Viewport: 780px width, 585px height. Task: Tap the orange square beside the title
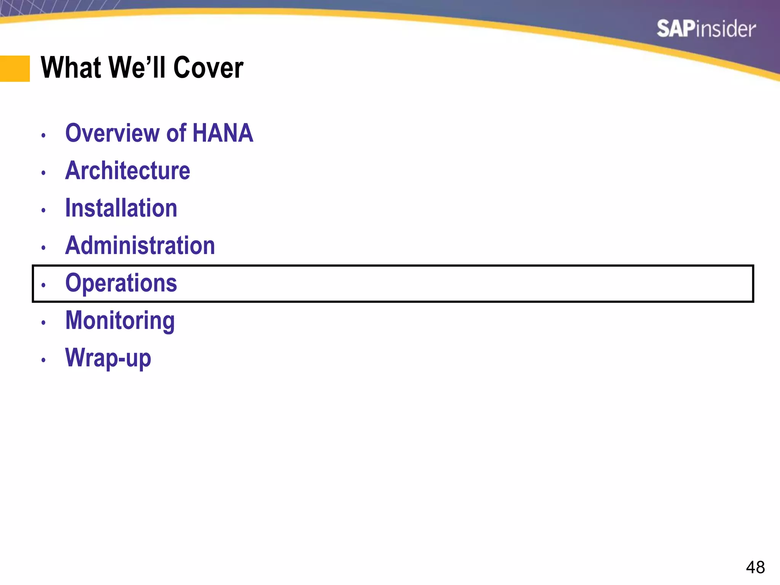click(15, 69)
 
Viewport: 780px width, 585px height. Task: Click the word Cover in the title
click(208, 68)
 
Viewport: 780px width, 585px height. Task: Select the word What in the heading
click(71, 68)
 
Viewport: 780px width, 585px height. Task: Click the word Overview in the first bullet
click(113, 133)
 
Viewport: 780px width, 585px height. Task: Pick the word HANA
click(223, 133)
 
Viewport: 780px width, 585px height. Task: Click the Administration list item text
click(140, 245)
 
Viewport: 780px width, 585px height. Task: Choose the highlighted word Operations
click(121, 283)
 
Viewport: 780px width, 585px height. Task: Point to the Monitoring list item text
click(120, 320)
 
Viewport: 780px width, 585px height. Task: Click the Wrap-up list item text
click(108, 358)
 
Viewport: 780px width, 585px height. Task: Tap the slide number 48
click(755, 567)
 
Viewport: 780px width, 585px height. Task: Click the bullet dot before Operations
click(43, 285)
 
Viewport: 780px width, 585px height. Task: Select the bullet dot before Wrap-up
click(43, 360)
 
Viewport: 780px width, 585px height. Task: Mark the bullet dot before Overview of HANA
click(43, 135)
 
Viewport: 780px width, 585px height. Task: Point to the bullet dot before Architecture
click(43, 173)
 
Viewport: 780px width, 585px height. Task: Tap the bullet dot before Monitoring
click(43, 323)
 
